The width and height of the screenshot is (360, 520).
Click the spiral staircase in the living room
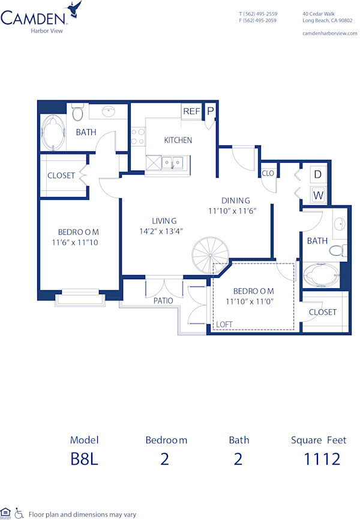pyautogui.click(x=209, y=255)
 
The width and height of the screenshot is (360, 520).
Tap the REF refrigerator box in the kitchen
pyautogui.click(x=191, y=111)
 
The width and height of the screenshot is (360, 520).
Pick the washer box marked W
pyautogui.click(x=318, y=195)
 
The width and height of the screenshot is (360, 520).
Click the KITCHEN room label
pyautogui.click(x=178, y=140)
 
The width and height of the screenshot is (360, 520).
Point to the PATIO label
pyautogui.click(x=163, y=300)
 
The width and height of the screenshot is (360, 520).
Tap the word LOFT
pyautogui.click(x=224, y=324)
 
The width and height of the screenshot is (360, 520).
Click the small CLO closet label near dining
pyautogui.click(x=268, y=173)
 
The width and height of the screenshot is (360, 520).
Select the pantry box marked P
pyautogui.click(x=211, y=110)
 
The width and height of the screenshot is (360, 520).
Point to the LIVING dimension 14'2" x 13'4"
pyautogui.click(x=161, y=231)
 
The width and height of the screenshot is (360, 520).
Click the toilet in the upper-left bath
pyautogui.click(x=77, y=112)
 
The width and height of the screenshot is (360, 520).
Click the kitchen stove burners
pyautogui.click(x=137, y=137)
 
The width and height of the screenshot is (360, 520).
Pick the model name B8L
pyautogui.click(x=83, y=459)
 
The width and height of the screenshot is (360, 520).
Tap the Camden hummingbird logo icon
pyautogui.click(x=75, y=10)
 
